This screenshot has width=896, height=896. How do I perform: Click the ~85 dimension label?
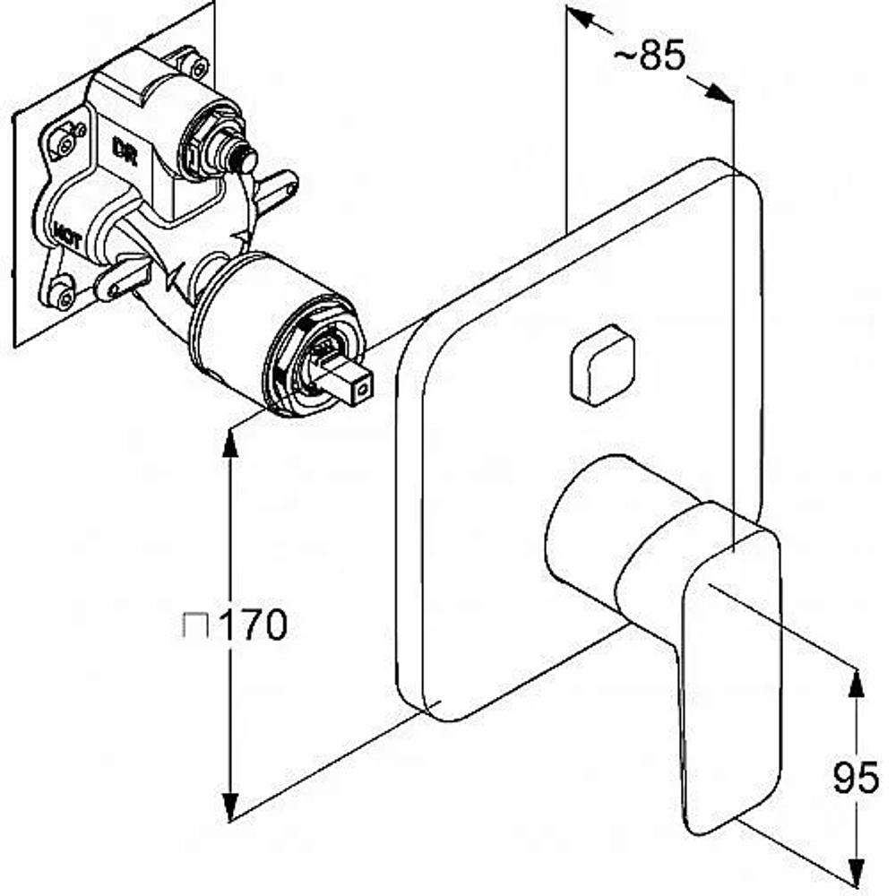pyautogui.click(x=649, y=55)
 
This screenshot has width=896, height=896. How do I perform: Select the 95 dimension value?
pyautogui.click(x=855, y=777)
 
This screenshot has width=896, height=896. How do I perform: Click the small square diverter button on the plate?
pyautogui.click(x=602, y=366)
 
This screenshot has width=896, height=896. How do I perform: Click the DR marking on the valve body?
pyautogui.click(x=125, y=151)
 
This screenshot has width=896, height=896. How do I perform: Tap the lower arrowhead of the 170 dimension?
pyautogui.click(x=229, y=807)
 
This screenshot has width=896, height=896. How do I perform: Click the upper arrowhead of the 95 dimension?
pyautogui.click(x=855, y=683)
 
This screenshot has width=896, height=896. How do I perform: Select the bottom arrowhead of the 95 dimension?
pyautogui.click(x=855, y=875)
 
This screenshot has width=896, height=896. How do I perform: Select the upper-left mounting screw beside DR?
pyautogui.click(x=64, y=142)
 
